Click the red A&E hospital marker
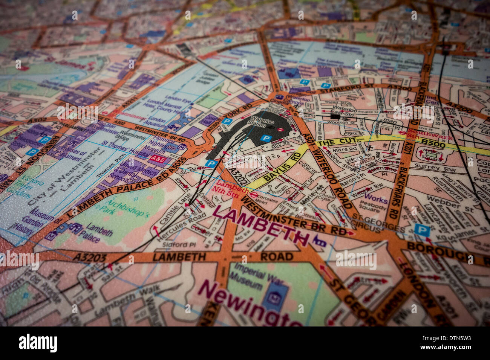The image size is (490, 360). (158, 159)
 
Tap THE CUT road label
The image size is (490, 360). (331, 142)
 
